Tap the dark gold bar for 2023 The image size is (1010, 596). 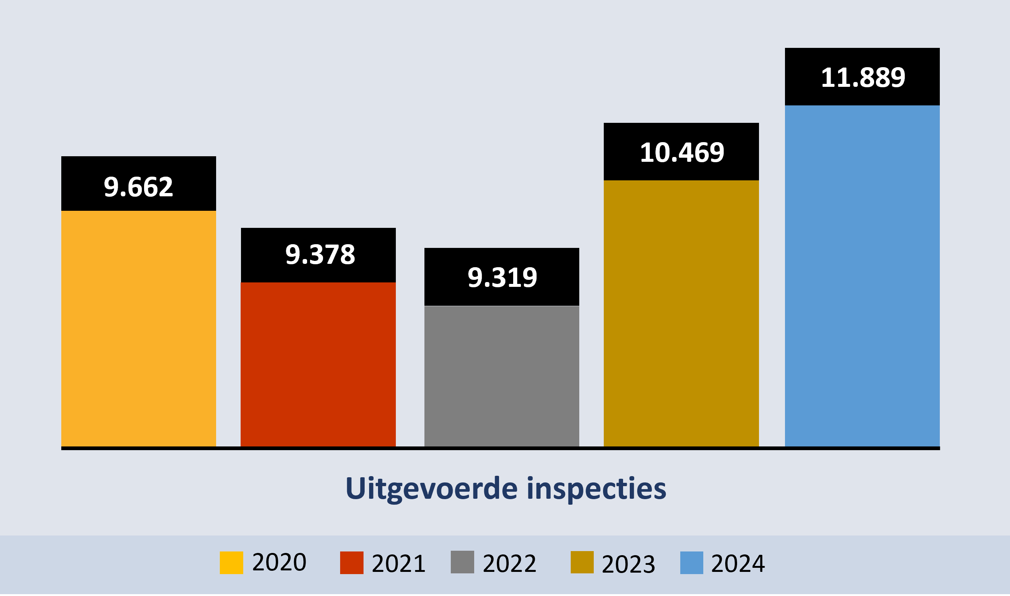coord(681,313)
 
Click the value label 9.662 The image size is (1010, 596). coord(139,187)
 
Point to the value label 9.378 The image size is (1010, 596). coord(320,255)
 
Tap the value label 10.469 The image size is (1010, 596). coord(682,153)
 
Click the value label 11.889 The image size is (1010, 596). coord(863,78)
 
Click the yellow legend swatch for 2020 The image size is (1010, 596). coord(231,563)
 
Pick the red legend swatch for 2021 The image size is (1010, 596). coord(352,563)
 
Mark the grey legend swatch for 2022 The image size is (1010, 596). coord(462,562)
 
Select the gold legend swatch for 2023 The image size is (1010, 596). coord(582,562)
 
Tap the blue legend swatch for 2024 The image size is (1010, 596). coord(692,563)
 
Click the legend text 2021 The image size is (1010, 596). coord(398,563)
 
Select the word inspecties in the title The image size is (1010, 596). coord(596,489)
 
